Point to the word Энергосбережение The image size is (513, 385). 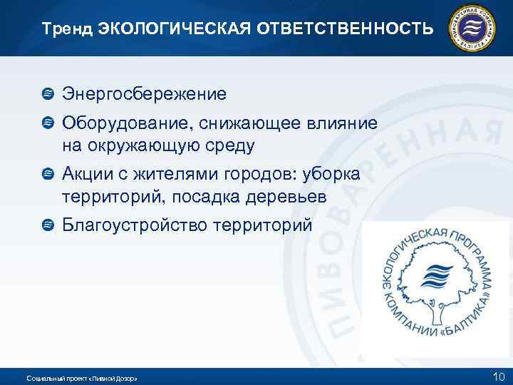click(145, 93)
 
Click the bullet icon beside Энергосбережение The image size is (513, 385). click(48, 93)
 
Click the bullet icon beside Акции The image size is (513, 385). click(48, 174)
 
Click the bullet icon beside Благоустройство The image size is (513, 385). click(48, 225)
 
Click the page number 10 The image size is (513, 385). click(497, 376)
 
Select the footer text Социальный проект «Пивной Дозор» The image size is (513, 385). click(81, 377)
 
